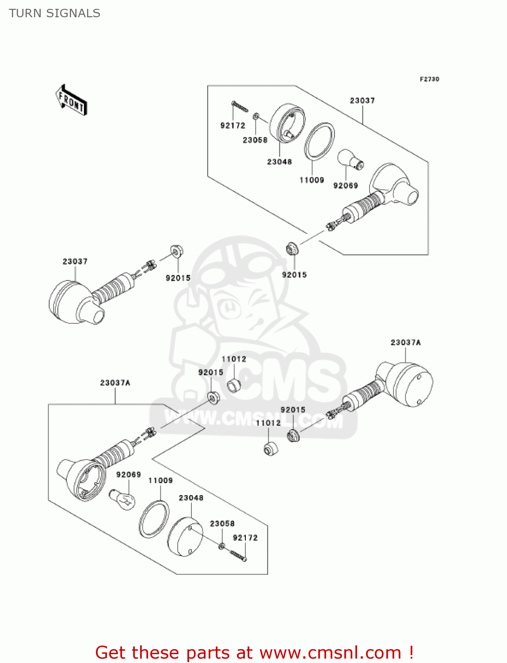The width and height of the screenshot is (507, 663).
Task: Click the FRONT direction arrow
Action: coord(71,100)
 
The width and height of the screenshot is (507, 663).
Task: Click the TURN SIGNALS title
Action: coord(54,13)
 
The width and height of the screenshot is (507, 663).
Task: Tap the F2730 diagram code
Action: coord(429,79)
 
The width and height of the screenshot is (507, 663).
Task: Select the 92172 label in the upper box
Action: coord(233,126)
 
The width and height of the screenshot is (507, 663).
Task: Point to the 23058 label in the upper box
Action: coord(255,140)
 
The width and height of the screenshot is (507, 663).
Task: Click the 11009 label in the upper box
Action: coord(312,180)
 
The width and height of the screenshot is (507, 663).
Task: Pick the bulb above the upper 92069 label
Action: coord(350,160)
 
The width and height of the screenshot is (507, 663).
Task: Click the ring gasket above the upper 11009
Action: coord(319,141)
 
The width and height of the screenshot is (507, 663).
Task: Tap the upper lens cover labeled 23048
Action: coord(287,123)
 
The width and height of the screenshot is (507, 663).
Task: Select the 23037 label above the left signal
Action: coord(75,261)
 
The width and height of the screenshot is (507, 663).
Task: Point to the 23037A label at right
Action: coord(405,343)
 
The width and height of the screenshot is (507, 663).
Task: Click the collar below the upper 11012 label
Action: coord(234,385)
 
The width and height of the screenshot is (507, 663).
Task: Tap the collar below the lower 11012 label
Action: coord(271,449)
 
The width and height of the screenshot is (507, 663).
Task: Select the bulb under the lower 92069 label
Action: coord(123,499)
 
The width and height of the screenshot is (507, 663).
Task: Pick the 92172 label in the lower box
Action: coord(245,538)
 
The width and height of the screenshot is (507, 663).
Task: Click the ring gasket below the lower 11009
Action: coord(154,519)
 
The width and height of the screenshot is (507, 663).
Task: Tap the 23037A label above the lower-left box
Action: coord(115,383)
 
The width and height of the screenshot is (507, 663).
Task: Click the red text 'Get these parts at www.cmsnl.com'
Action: coord(254,652)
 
